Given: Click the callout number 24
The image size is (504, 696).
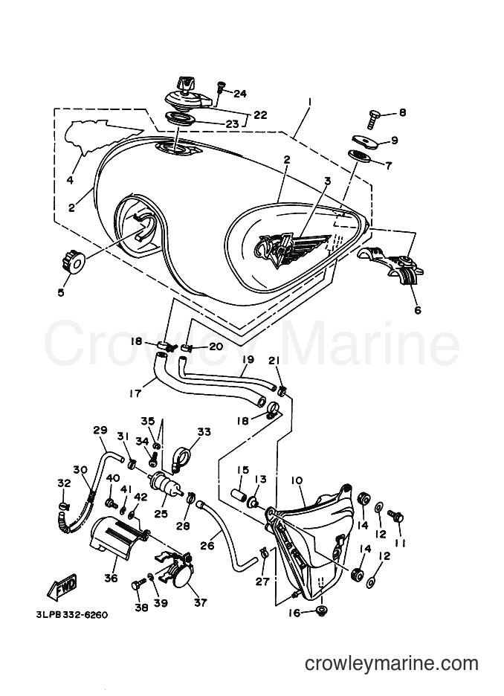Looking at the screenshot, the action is [x=239, y=94].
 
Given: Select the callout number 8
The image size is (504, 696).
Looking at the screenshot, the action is [x=402, y=113].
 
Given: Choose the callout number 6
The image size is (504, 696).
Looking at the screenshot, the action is [x=418, y=310].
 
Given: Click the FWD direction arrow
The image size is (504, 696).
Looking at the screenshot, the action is [x=61, y=587].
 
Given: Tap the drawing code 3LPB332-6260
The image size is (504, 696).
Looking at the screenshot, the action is [x=71, y=615].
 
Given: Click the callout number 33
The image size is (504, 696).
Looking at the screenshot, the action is [x=204, y=432].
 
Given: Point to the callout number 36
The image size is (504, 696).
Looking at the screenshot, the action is [x=111, y=578].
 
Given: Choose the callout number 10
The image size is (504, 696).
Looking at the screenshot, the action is [x=297, y=480].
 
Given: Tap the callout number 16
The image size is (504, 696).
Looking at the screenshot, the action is [x=294, y=613].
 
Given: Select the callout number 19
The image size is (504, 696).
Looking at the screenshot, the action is [x=248, y=359].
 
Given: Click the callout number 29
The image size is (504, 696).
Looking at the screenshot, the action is [x=100, y=430].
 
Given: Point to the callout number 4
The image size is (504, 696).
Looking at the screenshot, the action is [x=69, y=180].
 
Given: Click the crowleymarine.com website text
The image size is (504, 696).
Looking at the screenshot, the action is [x=391, y=663].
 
